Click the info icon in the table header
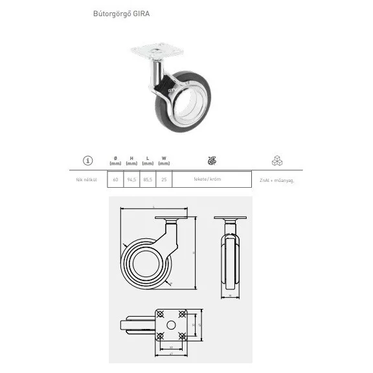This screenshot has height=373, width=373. [x=87, y=161]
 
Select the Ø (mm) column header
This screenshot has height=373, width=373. [x=115, y=161]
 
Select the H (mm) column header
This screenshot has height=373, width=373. [x=131, y=161]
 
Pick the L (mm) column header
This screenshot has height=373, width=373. [x=148, y=161]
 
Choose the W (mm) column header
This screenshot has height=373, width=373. [x=164, y=161]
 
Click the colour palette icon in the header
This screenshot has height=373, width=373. [x=210, y=161]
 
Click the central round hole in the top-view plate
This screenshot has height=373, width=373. [x=172, y=324]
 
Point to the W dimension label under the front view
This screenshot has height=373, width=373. [x=231, y=295]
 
